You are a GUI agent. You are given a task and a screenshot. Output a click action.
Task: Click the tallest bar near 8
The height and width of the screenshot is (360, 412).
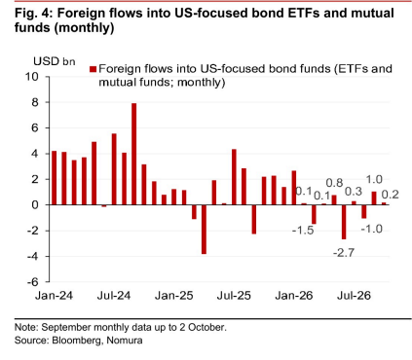pos(133,154)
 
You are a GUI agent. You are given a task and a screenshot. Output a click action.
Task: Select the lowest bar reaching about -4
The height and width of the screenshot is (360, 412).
pos(204,230)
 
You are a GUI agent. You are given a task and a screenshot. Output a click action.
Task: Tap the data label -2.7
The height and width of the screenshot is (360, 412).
pos(344,252)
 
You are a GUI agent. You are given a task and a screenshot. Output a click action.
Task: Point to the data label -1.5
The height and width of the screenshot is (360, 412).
pos(303,231)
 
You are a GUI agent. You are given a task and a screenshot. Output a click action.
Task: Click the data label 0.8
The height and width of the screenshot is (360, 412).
pos(334,183)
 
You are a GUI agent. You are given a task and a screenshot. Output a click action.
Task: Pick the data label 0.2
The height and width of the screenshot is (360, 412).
pos(390,195)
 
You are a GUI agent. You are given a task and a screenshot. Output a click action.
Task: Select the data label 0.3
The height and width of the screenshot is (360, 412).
pos(354,192)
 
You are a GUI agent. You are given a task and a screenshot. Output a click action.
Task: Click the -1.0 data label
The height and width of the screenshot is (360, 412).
pos(372,229)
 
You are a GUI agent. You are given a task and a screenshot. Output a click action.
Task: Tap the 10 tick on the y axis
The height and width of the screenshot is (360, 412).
pos(32,77)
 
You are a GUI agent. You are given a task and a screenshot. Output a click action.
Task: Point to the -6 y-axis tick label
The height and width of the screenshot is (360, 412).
pos(33,282)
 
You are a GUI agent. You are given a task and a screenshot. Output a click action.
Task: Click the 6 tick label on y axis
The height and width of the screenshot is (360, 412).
pos(35,127)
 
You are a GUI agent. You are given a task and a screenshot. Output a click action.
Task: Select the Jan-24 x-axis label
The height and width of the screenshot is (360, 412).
pos(54,296)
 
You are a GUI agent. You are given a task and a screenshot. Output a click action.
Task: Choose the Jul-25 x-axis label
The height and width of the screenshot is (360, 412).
pos(234,296)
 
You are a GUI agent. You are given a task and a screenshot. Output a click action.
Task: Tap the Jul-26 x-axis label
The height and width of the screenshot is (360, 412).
pos(354,296)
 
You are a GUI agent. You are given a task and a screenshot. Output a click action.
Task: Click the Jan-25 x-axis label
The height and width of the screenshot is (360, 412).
pos(173,296)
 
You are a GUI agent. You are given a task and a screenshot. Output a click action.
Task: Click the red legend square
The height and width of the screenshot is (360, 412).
pos(94,69)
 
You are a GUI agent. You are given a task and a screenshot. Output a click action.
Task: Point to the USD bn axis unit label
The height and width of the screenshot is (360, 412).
pos(55,61)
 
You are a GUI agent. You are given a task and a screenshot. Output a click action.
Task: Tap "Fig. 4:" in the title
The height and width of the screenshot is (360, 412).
pos(33,14)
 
